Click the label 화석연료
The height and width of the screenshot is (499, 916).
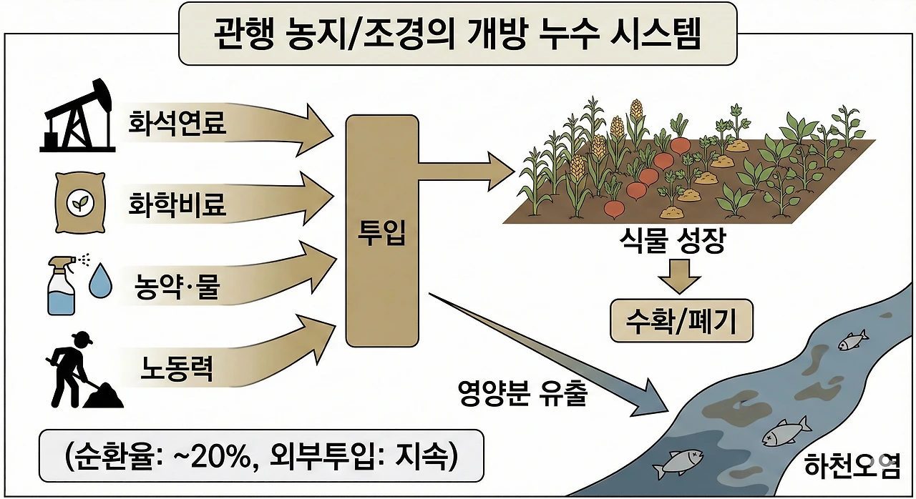pos(177,123)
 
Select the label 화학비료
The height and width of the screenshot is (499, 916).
pos(177,204)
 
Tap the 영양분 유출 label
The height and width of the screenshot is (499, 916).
pos(522,393)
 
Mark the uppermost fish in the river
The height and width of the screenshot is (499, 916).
pos(852,340)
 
